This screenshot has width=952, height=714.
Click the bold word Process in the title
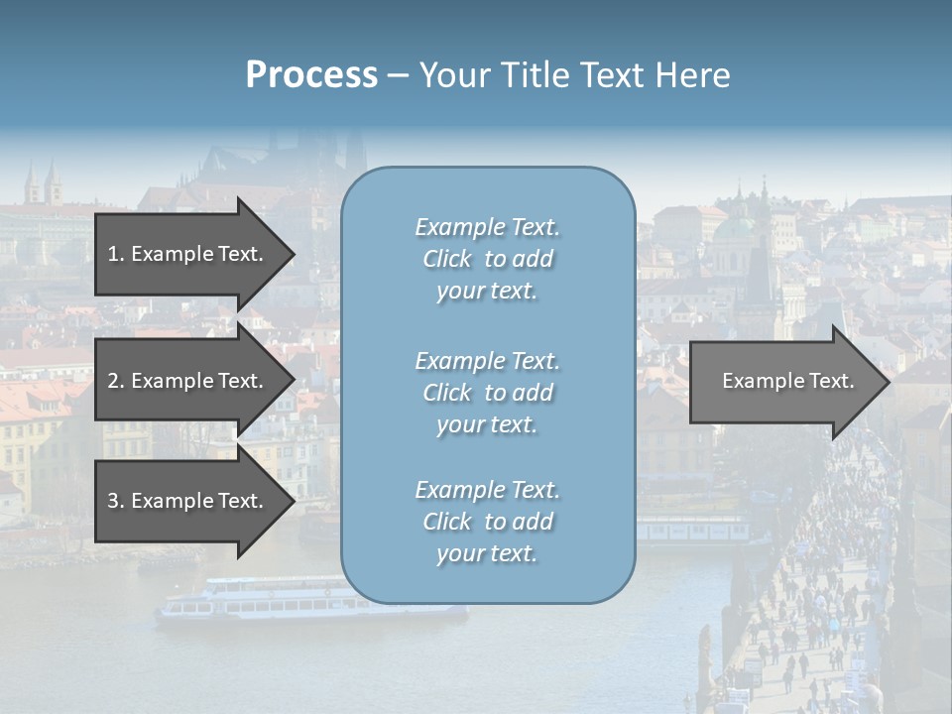click(311, 75)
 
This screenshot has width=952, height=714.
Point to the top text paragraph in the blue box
click(487, 259)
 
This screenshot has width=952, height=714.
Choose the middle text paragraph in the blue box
click(487, 393)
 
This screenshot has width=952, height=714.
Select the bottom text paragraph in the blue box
click(487, 522)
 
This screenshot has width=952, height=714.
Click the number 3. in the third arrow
click(115, 501)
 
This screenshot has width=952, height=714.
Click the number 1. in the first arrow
click(115, 254)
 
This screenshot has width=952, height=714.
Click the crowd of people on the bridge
click(813, 595)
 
